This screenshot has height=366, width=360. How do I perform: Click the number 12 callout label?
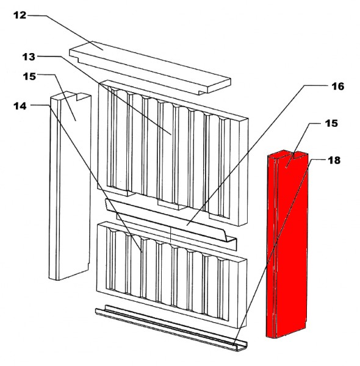pos(20,15)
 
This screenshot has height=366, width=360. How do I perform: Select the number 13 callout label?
pos(29,57)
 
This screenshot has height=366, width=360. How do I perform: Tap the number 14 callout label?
pos(20,106)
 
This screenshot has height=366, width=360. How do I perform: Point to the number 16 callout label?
pos(338,87)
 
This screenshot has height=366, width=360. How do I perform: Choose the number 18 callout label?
pos(334,160)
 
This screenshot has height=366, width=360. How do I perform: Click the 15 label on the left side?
pos(29,76)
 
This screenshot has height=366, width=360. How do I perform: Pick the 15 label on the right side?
pos(331,123)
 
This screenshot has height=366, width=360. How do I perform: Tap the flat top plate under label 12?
pos(150,68)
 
